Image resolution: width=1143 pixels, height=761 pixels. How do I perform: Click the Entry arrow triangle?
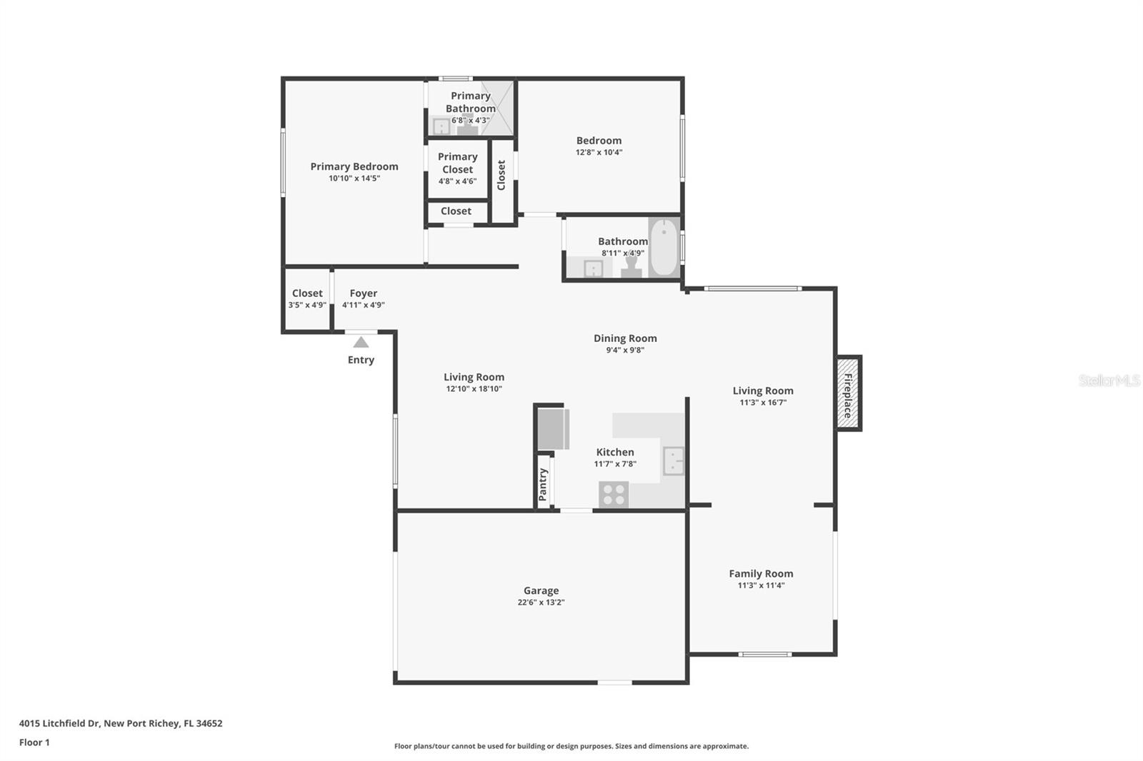[x=361, y=342]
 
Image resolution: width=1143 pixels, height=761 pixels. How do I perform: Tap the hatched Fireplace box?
[x=848, y=393]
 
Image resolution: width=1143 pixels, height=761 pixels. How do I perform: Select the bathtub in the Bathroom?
[x=664, y=248]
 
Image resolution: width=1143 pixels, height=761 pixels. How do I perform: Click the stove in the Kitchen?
[x=614, y=495]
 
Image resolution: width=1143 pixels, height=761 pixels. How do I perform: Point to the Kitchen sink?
[x=673, y=460]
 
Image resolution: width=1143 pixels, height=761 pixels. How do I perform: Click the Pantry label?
[x=542, y=485]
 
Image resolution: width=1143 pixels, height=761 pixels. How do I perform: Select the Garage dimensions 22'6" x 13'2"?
[x=541, y=603]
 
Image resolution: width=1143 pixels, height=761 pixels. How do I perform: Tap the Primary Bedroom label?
[x=354, y=166]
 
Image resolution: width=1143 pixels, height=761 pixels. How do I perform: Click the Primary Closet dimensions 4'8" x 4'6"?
[x=458, y=181]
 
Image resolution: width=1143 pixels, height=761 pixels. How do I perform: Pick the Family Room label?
[x=761, y=574]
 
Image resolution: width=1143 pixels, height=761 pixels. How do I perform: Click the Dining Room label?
[x=625, y=338]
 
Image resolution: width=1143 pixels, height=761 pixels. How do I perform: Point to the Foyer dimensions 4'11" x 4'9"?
[x=364, y=305]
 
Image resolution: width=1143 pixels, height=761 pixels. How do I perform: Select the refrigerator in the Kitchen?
[x=554, y=429]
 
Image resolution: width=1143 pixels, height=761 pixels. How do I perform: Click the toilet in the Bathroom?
[x=632, y=267]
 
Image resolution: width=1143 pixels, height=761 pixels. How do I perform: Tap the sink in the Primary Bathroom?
[x=441, y=126]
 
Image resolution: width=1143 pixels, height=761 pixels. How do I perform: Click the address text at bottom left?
[x=121, y=723]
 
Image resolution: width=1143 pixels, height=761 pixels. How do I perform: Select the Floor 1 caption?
[x=35, y=742]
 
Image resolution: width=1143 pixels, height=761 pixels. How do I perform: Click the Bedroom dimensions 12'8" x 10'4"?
[x=599, y=152]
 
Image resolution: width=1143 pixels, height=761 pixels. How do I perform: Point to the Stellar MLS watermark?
[x=1109, y=380]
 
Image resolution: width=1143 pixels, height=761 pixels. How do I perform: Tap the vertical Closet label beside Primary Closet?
[x=501, y=175]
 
